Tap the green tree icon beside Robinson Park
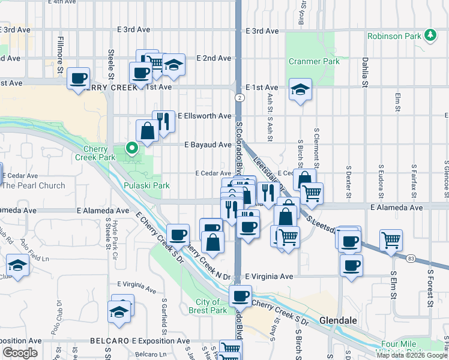point(430,36)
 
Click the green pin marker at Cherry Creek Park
point(131,146)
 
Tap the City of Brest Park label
point(211,306)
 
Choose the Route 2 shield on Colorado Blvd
point(240,97)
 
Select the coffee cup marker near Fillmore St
point(79,79)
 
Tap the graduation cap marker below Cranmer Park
point(300,90)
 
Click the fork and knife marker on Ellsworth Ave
point(163,121)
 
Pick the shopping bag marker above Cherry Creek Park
point(147,130)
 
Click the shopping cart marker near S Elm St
point(391,240)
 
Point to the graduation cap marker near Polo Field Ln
point(17,265)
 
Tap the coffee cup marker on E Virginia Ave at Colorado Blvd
point(241,295)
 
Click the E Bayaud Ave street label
point(208,145)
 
